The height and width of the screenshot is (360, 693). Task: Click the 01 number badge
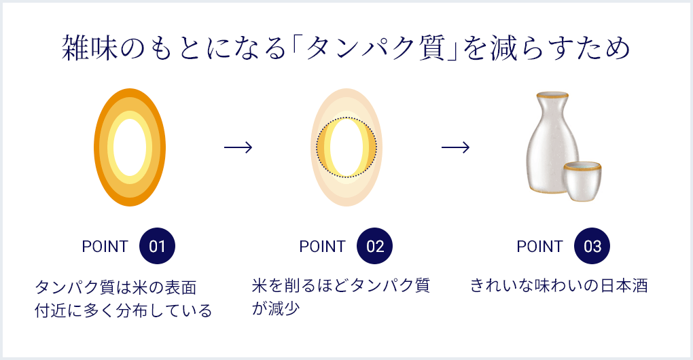[x=157, y=246]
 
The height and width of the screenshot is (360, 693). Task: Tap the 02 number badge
[x=374, y=246]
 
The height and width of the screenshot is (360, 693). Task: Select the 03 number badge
[x=592, y=246]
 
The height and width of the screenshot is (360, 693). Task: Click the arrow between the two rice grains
[x=238, y=147]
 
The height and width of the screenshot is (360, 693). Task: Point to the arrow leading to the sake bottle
[x=456, y=147]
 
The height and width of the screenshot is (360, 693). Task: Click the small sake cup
[x=582, y=181]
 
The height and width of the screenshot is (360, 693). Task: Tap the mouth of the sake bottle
[x=552, y=95]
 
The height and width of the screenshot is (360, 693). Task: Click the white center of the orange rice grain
[x=130, y=147]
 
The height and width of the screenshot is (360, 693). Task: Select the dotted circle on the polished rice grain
[x=317, y=147]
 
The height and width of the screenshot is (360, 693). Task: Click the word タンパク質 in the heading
[x=376, y=48]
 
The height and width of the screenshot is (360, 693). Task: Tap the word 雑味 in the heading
[x=90, y=48]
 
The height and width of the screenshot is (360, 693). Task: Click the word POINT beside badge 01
[x=105, y=247]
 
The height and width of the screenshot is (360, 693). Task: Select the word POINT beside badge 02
[x=322, y=247]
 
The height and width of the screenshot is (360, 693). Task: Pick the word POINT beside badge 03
[x=539, y=247]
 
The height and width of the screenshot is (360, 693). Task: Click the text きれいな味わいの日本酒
[x=558, y=285]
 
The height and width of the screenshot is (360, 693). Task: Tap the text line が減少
[x=276, y=308]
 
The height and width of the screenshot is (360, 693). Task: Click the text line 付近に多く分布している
[x=123, y=310]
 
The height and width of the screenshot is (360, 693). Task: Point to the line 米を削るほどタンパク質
[x=341, y=285]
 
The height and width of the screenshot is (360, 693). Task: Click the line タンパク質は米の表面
[x=115, y=287]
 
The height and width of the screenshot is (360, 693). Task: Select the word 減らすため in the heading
[x=558, y=48]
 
